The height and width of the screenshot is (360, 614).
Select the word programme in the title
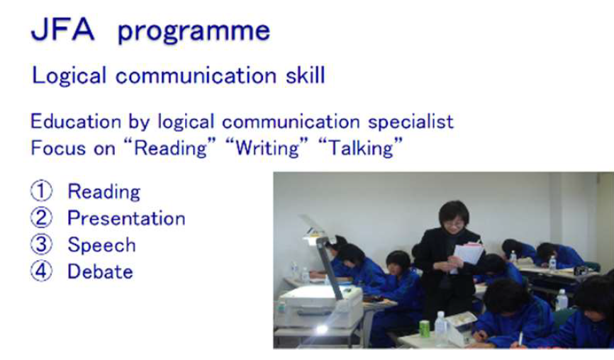click(x=194, y=31)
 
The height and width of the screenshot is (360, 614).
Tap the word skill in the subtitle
click(x=306, y=74)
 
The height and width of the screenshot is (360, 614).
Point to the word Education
click(x=76, y=121)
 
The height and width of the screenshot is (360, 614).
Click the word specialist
click(x=411, y=122)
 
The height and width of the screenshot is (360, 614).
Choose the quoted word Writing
click(x=267, y=148)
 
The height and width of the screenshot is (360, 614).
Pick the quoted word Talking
click(x=360, y=148)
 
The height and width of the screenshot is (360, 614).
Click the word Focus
click(x=59, y=148)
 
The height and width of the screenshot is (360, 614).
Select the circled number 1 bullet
click(x=41, y=191)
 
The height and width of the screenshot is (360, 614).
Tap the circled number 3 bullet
click(x=41, y=244)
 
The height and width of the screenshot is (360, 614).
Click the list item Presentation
click(x=126, y=218)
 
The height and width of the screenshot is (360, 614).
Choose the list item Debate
click(x=100, y=271)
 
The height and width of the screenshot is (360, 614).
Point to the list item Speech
click(x=102, y=245)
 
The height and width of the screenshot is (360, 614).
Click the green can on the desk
click(x=425, y=329)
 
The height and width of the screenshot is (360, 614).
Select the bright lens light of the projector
click(x=322, y=330)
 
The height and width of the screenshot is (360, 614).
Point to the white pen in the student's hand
click(x=520, y=339)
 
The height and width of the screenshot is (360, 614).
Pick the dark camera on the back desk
click(x=581, y=271)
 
